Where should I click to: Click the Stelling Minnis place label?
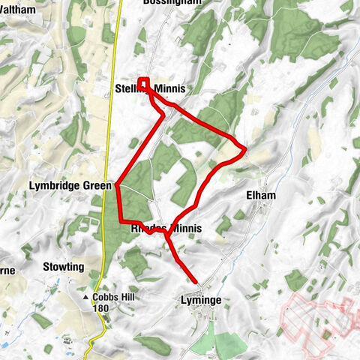pyautogui.click(x=150, y=89)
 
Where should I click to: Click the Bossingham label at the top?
pyautogui.click(x=171, y=3)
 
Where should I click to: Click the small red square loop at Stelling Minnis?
pyautogui.click(x=143, y=83)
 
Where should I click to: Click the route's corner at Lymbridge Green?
pyautogui.click(x=117, y=184)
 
